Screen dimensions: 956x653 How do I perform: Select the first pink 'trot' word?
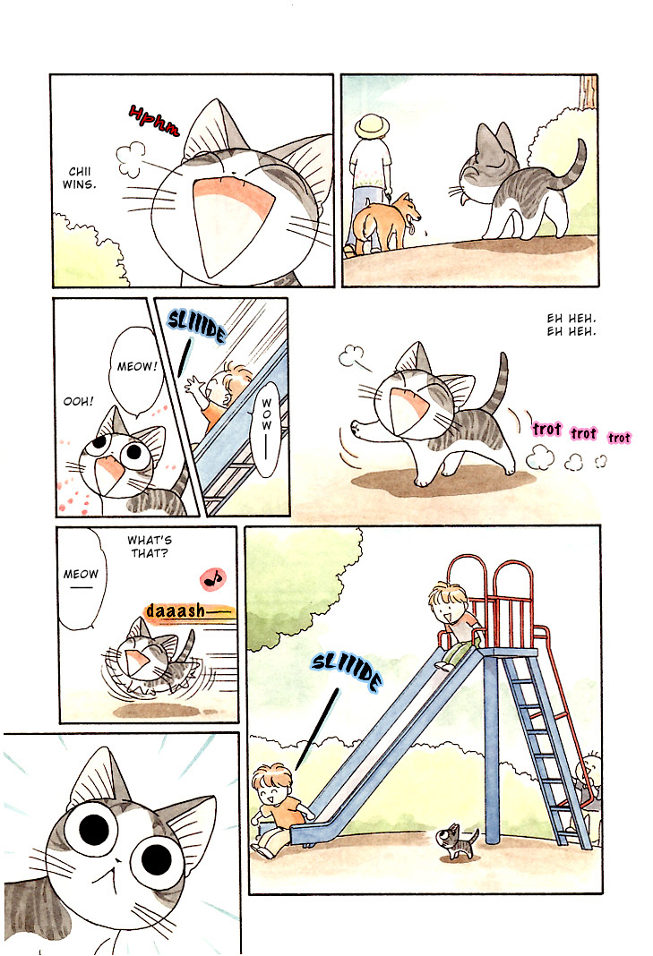[x=546, y=430]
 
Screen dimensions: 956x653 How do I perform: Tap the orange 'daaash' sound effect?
[x=186, y=611]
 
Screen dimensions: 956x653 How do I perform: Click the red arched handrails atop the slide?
[x=488, y=591]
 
